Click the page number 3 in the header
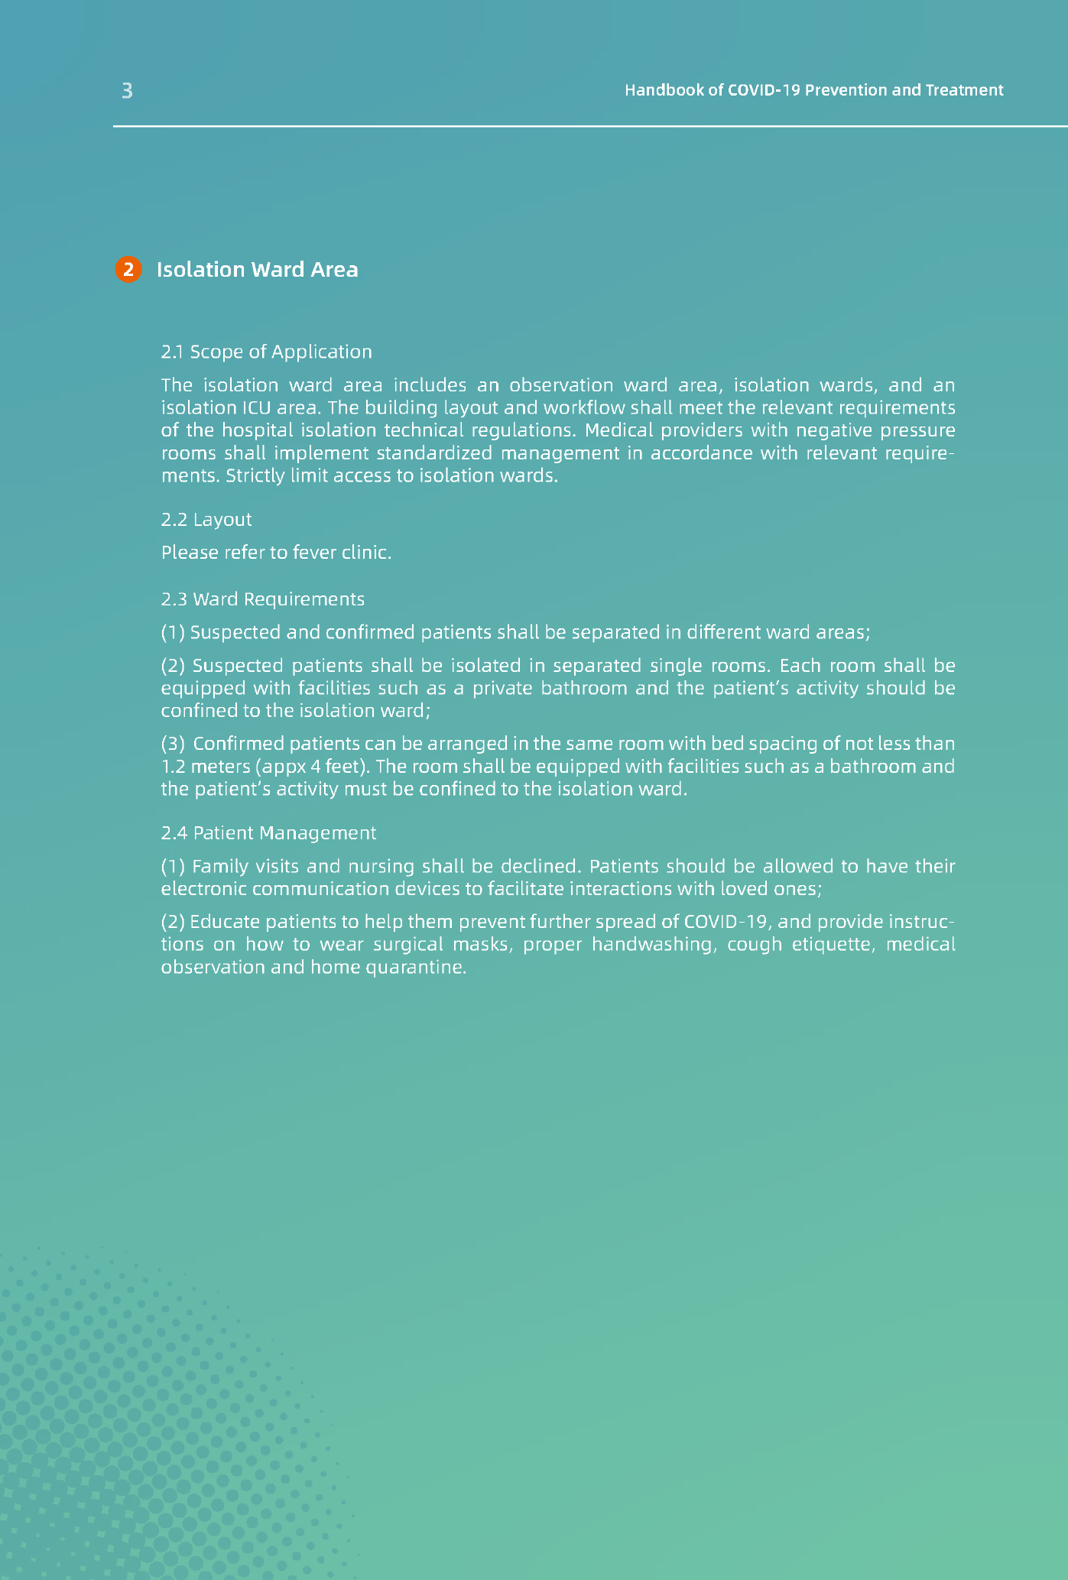(127, 91)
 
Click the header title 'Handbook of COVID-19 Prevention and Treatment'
(813, 90)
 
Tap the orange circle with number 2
(128, 270)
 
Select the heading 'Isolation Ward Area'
(257, 270)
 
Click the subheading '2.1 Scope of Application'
(266, 352)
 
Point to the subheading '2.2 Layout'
(206, 520)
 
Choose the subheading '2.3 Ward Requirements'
(262, 599)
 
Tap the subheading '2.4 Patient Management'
(268, 832)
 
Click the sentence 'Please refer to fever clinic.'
(276, 553)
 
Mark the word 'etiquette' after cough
(834, 944)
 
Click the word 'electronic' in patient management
(203, 889)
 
